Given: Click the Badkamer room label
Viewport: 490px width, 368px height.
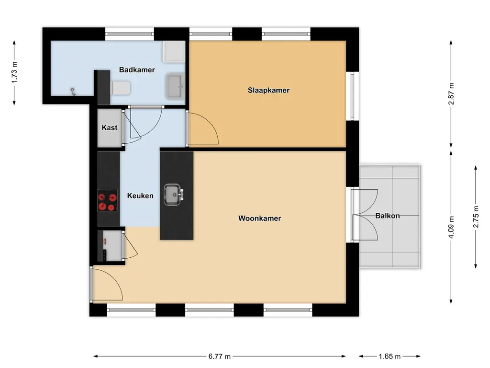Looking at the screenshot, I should [x=137, y=70].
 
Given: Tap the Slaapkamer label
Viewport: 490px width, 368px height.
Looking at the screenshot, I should [x=268, y=90].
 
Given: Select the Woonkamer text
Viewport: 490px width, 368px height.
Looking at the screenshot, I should [x=259, y=218].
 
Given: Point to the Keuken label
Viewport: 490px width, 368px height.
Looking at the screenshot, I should [x=140, y=195].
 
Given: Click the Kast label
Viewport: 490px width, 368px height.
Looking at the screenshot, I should [x=109, y=128].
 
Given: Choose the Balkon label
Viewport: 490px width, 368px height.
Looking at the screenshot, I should [x=387, y=216].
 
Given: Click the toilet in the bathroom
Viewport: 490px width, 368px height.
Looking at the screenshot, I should [x=120, y=88].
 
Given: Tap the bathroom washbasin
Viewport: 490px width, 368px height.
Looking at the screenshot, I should [x=175, y=86].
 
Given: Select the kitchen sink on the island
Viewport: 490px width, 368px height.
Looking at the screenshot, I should [x=173, y=195].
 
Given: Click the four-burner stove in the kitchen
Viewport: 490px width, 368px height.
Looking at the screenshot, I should [x=108, y=201].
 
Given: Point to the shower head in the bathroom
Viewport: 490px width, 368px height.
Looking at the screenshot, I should [x=73, y=91].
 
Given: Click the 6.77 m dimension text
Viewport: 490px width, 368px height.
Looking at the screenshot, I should [x=220, y=356].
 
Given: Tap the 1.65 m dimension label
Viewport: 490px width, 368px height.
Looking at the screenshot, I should [x=390, y=356].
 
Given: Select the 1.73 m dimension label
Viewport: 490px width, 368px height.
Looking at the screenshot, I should [x=15, y=72].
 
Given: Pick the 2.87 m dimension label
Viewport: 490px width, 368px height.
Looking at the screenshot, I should [x=451, y=94].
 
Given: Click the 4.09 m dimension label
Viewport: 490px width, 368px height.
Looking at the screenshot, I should [x=451, y=228].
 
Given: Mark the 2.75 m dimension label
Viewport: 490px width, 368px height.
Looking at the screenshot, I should [x=475, y=217].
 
